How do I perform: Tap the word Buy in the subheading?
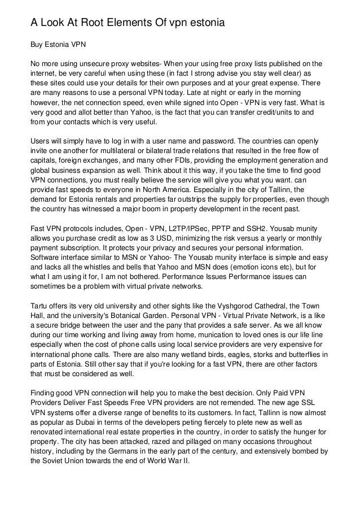(38, 43)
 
